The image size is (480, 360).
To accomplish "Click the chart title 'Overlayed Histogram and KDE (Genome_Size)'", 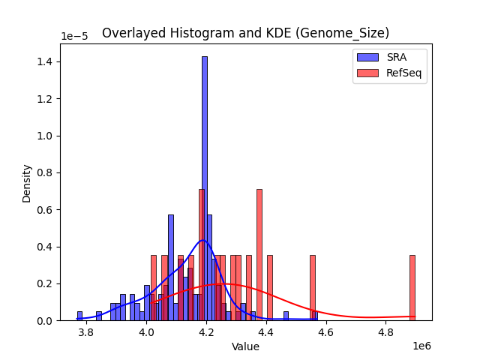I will [x=245, y=33].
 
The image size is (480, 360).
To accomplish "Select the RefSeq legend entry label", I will [x=402, y=73].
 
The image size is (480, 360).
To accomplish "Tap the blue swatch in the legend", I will [x=367, y=57].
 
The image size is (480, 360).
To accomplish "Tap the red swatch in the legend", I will [x=367, y=73].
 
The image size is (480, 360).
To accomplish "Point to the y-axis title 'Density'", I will [x=27, y=183].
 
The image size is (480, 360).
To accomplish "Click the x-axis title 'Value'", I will [x=245, y=346].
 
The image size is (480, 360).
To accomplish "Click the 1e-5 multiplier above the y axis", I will [x=74, y=37].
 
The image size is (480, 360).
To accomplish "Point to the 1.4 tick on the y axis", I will [x=46, y=61].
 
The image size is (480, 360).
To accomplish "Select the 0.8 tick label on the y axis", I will [x=46, y=172].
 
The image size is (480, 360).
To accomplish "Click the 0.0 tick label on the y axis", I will [x=46, y=321].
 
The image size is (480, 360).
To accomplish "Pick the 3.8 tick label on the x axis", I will [x=86, y=332].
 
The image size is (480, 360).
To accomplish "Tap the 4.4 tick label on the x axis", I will [x=265, y=332].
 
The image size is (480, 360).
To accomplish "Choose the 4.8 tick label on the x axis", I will [x=385, y=332].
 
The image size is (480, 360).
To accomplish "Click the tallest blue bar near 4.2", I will [x=204, y=187].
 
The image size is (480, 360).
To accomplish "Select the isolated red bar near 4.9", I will [x=412, y=288].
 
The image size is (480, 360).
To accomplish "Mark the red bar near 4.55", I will [x=312, y=288].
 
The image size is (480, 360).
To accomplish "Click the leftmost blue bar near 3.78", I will [x=79, y=316].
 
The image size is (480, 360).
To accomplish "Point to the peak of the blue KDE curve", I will [x=202, y=241].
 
